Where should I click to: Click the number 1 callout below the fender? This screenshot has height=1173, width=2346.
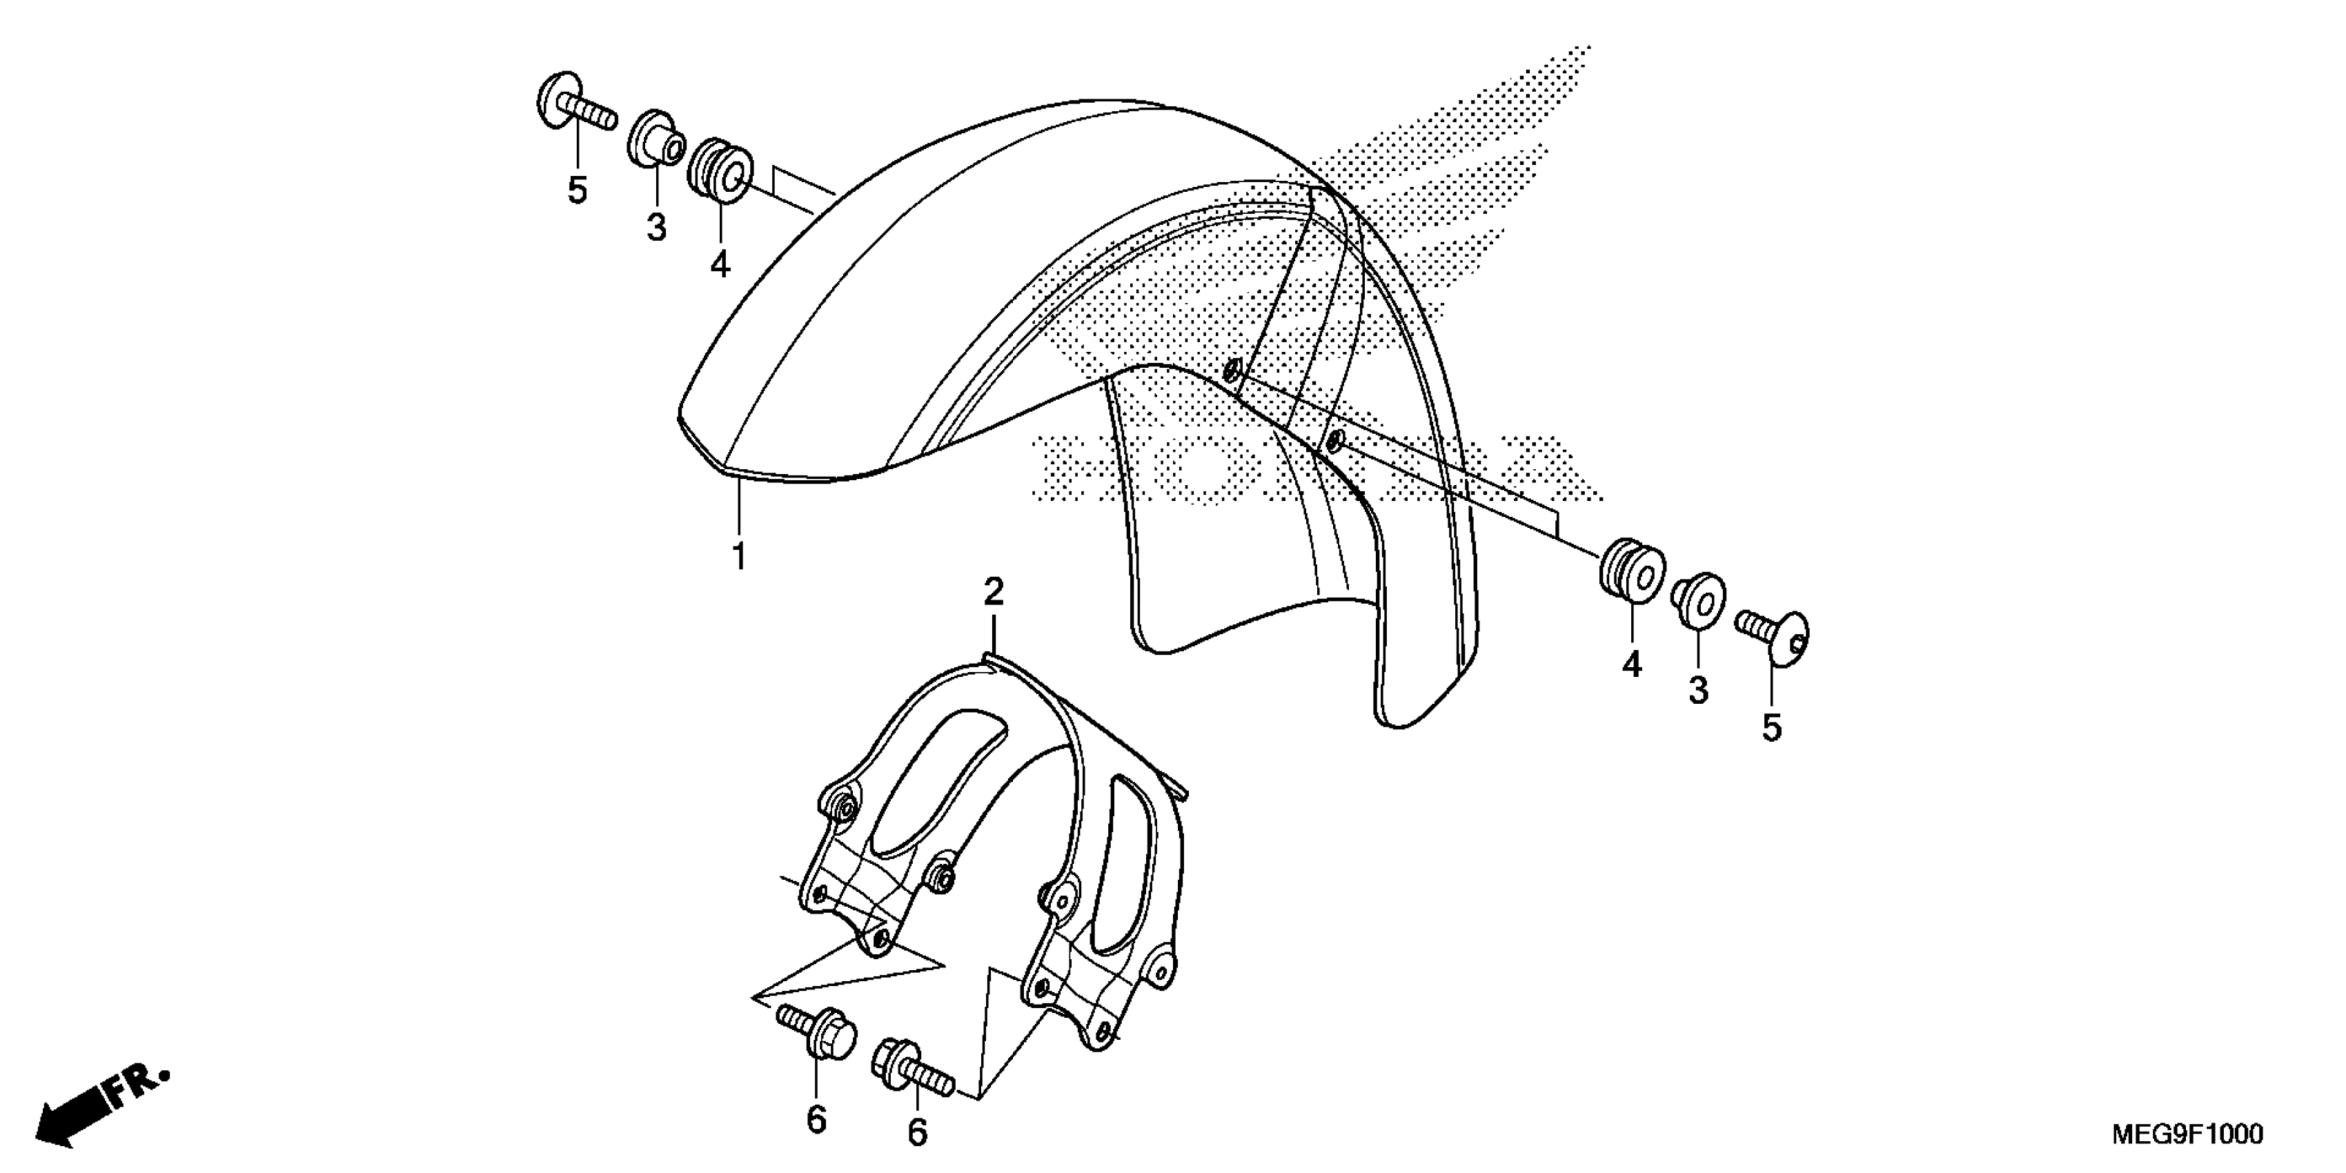(740, 555)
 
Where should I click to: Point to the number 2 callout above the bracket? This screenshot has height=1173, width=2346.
(994, 592)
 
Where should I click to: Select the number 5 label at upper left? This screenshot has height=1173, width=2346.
(578, 190)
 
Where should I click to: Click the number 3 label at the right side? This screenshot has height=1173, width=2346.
(1699, 690)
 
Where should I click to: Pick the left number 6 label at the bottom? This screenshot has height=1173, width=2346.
(816, 1119)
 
